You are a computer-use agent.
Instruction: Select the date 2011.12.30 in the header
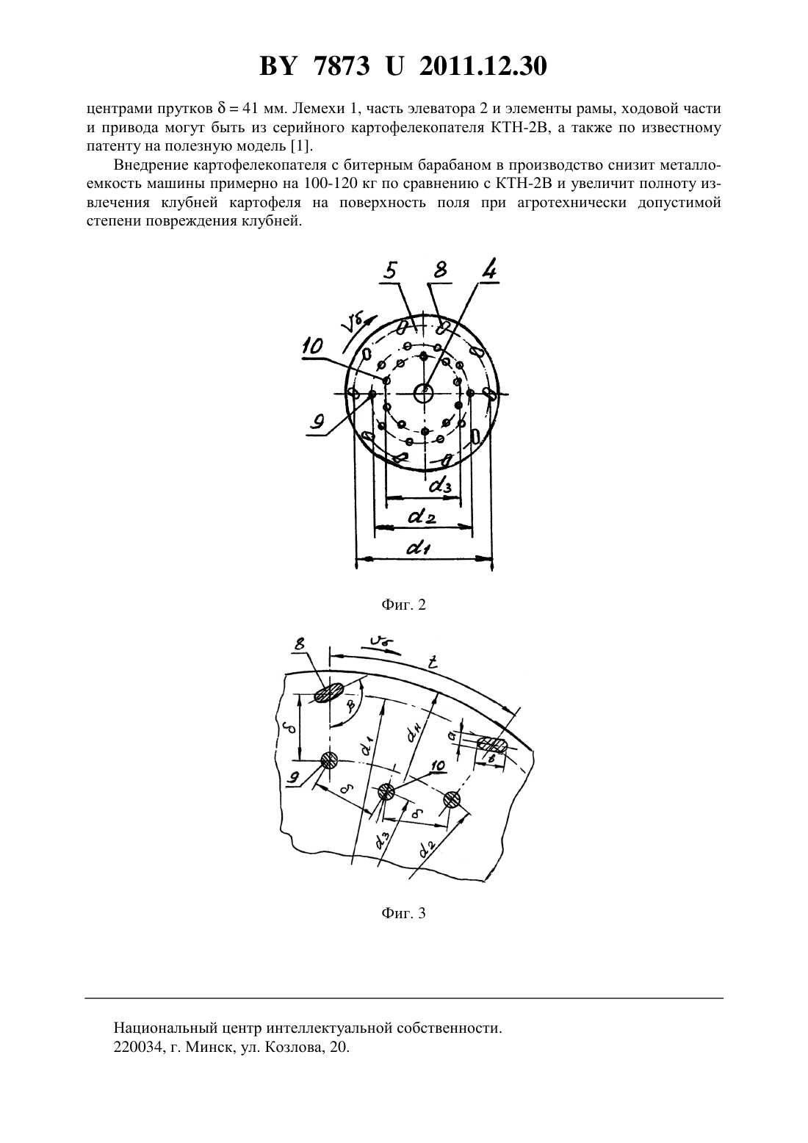coord(483,66)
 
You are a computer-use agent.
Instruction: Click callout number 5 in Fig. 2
coord(390,270)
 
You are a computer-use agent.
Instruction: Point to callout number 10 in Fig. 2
coord(312,347)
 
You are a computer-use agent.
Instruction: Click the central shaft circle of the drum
coord(424,393)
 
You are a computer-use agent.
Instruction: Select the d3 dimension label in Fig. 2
coord(441,485)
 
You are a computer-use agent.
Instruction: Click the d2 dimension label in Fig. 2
coord(422,517)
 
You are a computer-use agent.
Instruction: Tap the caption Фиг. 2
coord(403,605)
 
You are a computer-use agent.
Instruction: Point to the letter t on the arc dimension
coord(433,663)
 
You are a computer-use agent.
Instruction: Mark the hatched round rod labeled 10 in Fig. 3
coord(386,792)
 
